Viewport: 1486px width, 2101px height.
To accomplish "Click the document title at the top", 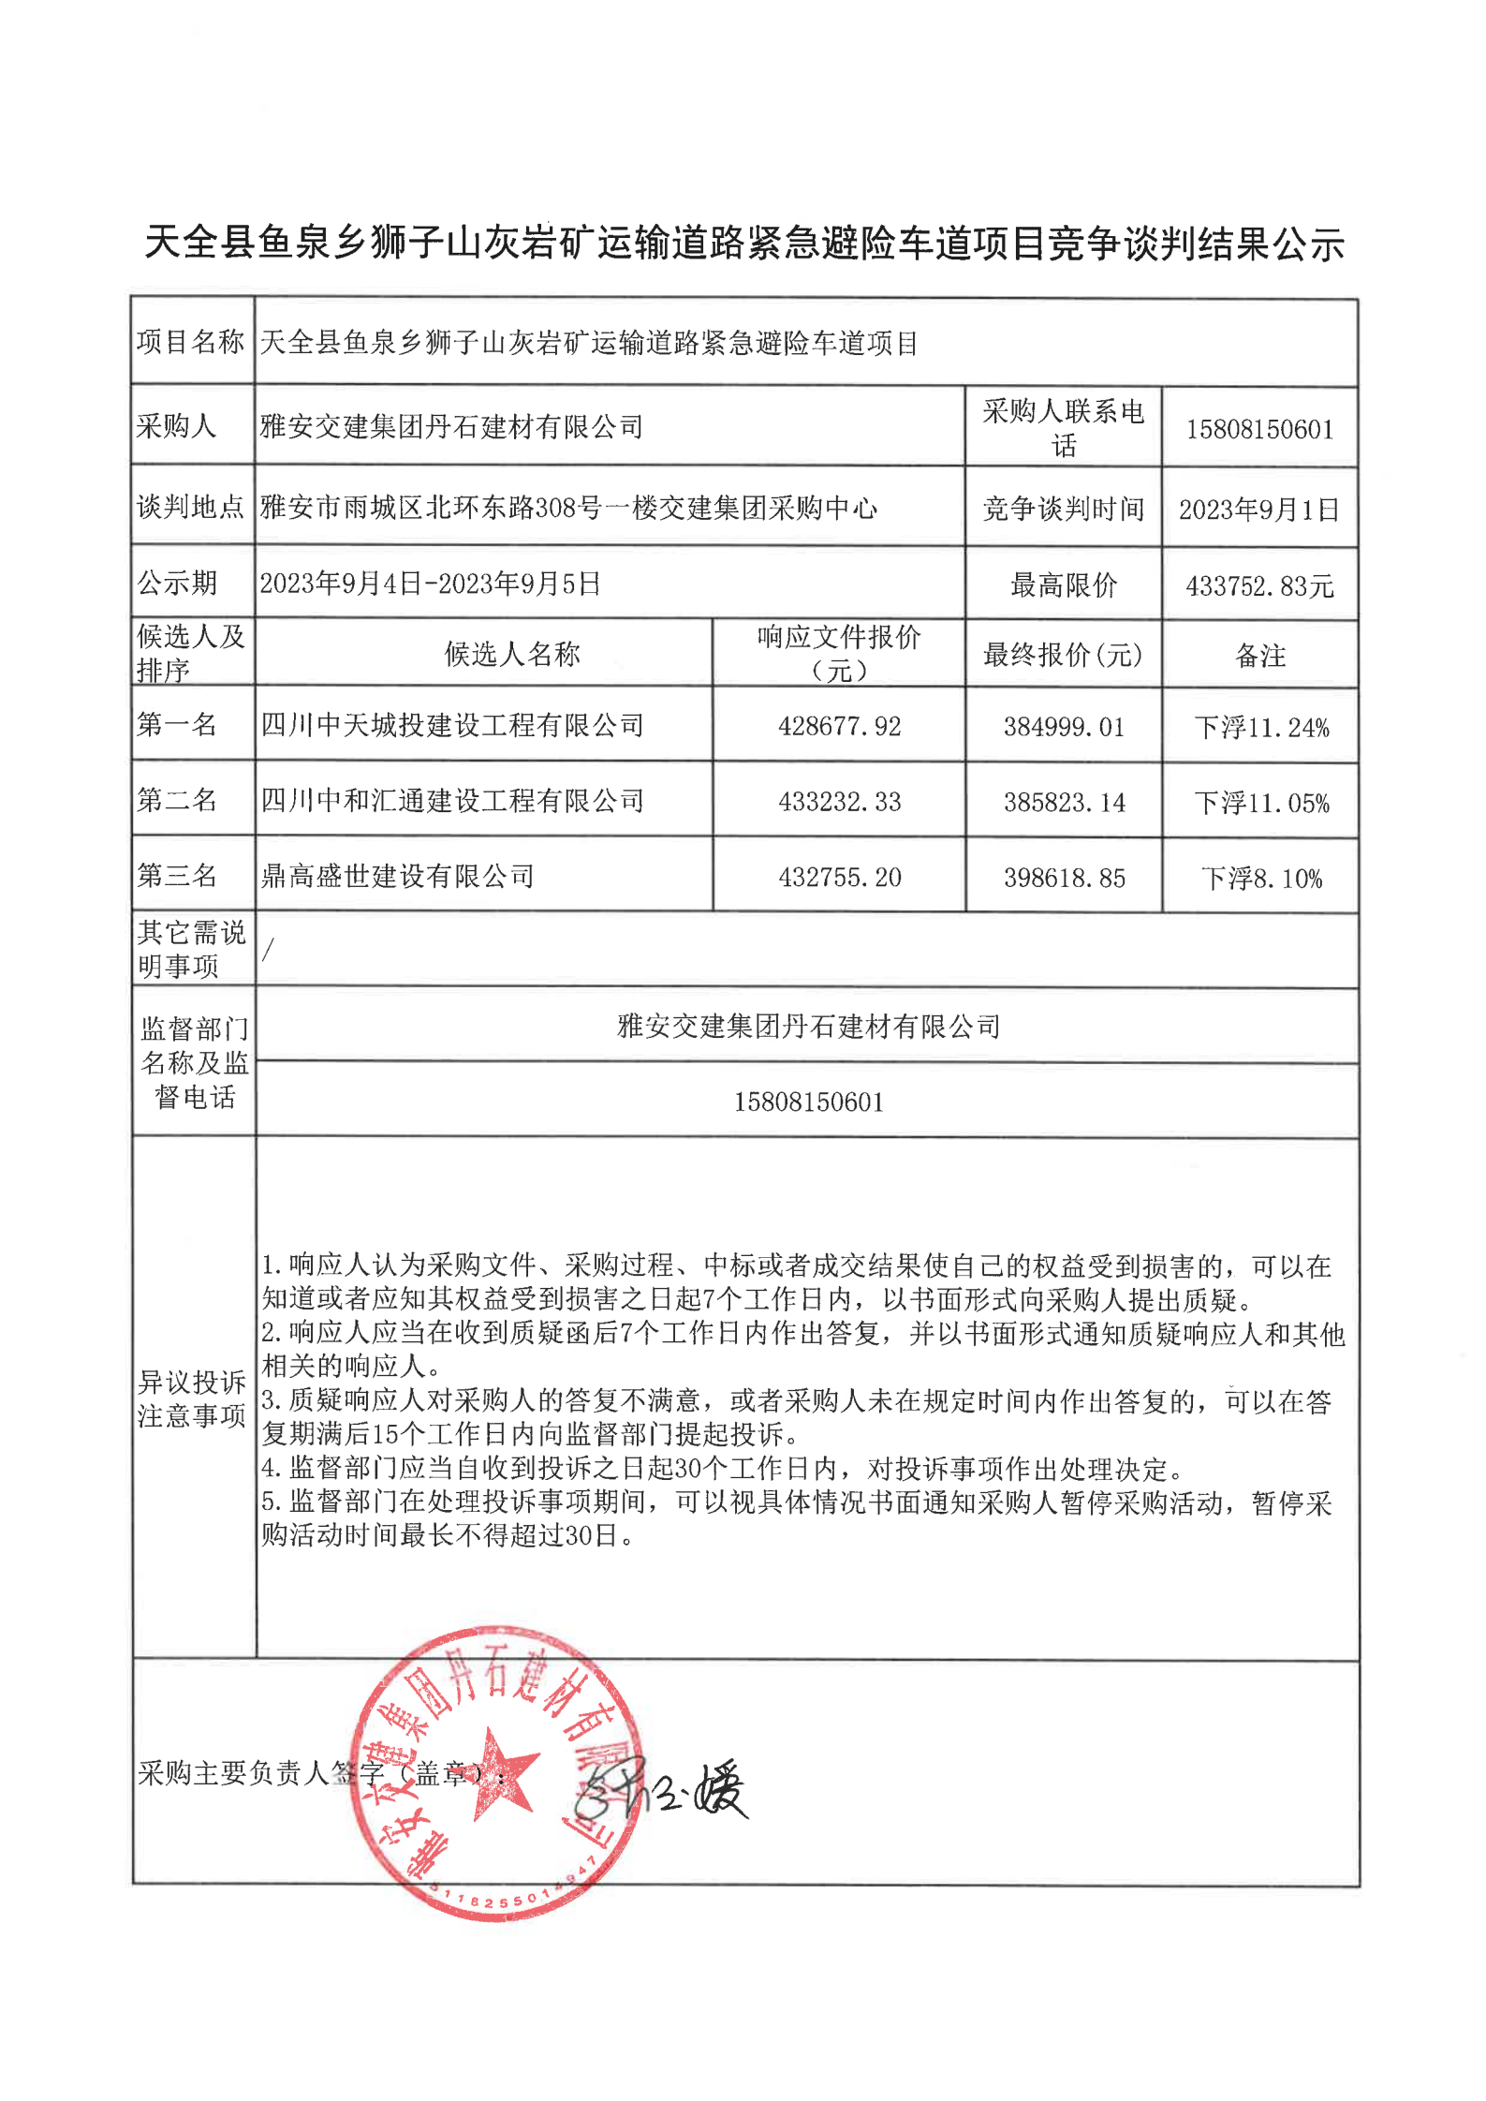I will point(743,244).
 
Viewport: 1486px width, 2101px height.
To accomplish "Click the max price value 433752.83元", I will point(1258,586).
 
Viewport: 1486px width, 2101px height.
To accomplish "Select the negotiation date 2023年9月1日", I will point(1258,510).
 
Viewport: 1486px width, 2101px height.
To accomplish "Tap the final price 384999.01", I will point(1064,727).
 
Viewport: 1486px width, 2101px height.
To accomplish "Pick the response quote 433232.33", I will point(839,802).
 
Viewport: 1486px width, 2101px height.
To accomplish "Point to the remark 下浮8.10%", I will point(1260,879).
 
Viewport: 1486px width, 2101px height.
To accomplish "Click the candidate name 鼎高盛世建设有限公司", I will point(397,877).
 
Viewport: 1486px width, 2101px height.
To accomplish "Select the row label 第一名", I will point(177,724).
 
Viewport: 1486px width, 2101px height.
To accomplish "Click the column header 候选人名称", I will point(512,654).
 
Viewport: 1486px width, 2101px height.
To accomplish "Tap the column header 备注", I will point(1260,656).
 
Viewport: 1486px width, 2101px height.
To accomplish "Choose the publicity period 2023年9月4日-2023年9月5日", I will point(430,584).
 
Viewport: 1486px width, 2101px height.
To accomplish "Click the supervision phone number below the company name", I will point(808,1102).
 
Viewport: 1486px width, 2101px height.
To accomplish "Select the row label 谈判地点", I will point(190,507).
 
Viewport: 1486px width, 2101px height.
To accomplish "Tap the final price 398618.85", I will point(1064,879).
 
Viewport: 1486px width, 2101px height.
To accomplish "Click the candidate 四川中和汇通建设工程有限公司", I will point(452,801).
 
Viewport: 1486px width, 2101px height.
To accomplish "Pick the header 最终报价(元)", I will point(1063,655).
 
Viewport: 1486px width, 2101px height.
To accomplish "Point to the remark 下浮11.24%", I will point(1260,728).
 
